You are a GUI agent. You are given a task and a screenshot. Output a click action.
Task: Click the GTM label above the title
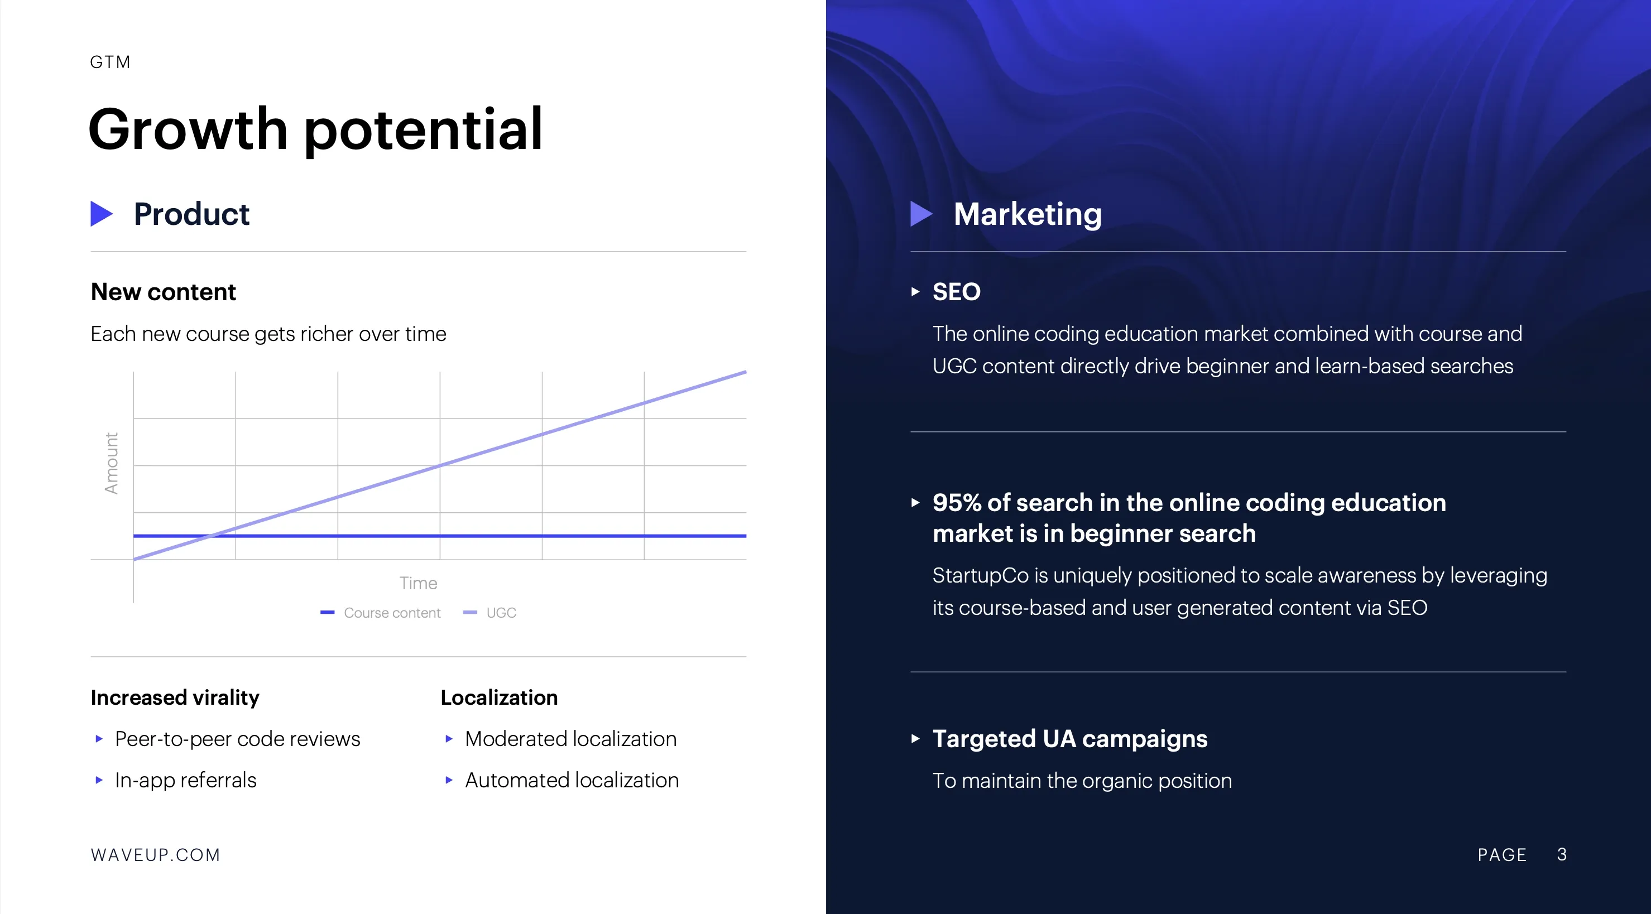111,62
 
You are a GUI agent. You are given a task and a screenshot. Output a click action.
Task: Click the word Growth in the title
188,130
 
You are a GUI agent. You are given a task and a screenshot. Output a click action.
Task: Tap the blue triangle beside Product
101,214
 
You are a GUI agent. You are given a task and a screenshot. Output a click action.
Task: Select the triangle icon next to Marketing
921,214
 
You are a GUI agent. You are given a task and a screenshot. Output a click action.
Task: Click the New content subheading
164,292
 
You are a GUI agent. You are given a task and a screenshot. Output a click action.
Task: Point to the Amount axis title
112,463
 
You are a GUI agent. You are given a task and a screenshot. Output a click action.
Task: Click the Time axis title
418,583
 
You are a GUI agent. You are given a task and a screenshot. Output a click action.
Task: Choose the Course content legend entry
381,613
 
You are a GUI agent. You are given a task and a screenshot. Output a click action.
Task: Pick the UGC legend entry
489,613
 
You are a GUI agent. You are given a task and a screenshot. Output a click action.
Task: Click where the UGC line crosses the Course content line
212,535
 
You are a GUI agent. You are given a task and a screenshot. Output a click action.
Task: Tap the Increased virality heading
175,697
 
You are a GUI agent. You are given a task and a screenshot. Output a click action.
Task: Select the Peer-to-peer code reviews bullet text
238,739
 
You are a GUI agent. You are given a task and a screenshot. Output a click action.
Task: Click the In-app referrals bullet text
186,780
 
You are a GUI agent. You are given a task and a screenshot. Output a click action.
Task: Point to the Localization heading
500,697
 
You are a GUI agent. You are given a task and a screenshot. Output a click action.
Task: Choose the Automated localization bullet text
572,780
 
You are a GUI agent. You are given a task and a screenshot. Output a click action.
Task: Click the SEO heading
956,292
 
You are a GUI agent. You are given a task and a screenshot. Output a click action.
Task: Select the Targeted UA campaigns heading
1069,739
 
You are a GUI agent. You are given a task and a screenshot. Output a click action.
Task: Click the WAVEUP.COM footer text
156,855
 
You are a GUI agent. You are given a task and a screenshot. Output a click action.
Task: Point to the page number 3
1562,854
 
